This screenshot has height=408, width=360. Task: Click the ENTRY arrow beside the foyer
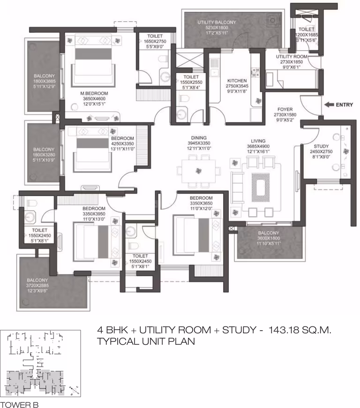[x=330, y=105]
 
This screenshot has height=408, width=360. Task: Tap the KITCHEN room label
[x=237, y=81]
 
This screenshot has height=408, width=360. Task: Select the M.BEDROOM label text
[x=94, y=93]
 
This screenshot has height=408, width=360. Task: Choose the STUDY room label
[x=321, y=146]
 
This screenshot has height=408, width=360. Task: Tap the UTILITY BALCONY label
[x=217, y=23]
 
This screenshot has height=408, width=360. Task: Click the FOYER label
[x=285, y=109]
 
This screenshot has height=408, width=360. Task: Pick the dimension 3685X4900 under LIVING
[x=258, y=146]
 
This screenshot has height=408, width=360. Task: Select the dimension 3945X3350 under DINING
[x=199, y=143]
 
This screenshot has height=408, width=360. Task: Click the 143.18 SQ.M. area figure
[x=300, y=330]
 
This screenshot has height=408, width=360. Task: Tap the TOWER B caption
[x=20, y=404]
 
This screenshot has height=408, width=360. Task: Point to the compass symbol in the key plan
[x=75, y=390]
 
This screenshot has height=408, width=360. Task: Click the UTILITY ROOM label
[x=292, y=57]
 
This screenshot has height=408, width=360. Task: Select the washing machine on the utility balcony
[x=273, y=20]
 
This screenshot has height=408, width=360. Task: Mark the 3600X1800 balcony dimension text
[x=269, y=238]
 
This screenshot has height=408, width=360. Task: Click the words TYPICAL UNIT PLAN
[x=146, y=341]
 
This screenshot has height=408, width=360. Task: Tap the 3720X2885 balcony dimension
[x=37, y=285]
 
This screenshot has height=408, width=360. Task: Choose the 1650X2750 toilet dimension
[x=155, y=41]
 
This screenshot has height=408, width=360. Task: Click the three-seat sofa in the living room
[x=236, y=187]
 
